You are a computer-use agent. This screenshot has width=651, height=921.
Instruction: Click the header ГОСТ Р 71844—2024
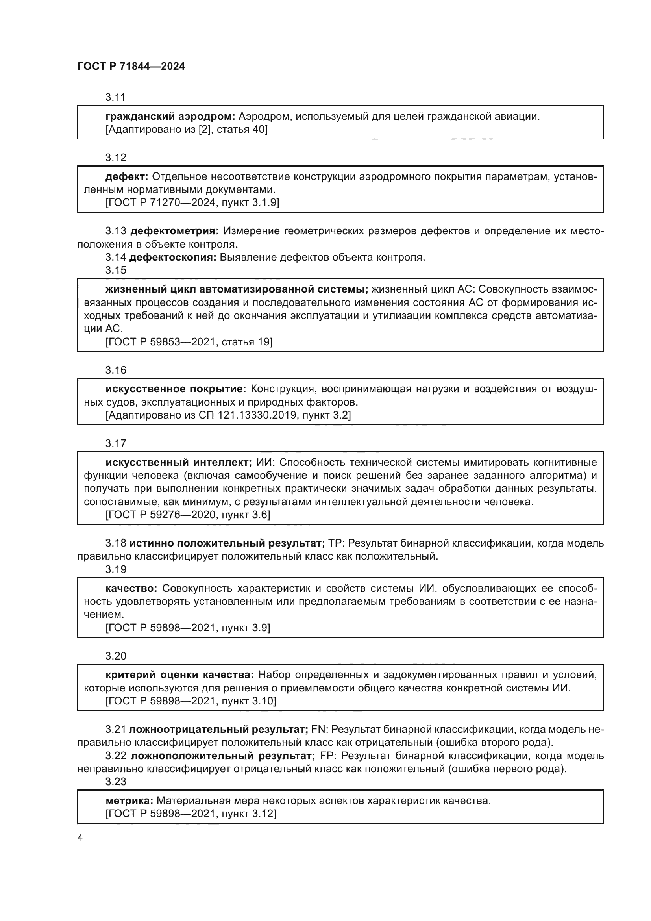tap(131, 67)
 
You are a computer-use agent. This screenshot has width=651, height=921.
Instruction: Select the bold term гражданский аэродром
tap(170, 117)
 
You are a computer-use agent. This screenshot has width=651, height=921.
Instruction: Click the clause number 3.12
tap(116, 158)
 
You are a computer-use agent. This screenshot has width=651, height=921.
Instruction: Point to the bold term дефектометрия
tap(174, 231)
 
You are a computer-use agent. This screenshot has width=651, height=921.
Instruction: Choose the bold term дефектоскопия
tap(173, 258)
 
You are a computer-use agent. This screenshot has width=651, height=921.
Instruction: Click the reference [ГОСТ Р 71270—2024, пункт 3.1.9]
tap(192, 202)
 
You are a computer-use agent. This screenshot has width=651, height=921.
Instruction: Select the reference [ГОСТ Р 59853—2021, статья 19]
tap(189, 342)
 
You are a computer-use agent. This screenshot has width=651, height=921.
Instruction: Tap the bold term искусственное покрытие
tap(176, 389)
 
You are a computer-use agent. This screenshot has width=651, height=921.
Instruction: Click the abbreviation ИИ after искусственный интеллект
tap(263, 463)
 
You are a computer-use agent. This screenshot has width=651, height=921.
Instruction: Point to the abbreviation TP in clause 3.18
tap(335, 543)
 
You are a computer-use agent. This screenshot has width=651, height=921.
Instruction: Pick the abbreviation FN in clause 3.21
tap(319, 729)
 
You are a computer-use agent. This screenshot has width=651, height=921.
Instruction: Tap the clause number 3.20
tap(116, 656)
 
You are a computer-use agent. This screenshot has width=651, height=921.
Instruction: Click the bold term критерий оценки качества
tap(179, 675)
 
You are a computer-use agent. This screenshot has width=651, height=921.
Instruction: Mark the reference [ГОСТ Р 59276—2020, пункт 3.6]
tap(188, 515)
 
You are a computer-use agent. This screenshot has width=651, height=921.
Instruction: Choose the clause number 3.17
tap(116, 443)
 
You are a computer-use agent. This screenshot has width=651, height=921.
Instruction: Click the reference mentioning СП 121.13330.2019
tap(228, 415)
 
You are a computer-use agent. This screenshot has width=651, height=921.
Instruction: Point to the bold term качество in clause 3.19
tap(131, 588)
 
